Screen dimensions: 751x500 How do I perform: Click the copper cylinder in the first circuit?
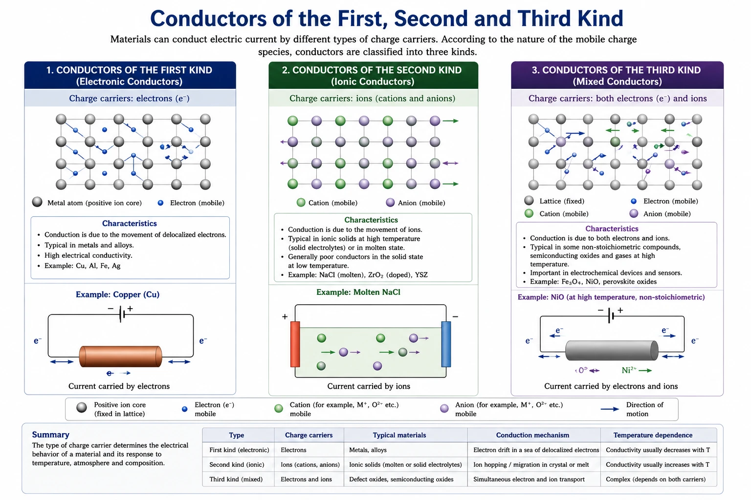point(120,356)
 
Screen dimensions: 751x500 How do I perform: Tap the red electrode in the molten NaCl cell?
point(295,344)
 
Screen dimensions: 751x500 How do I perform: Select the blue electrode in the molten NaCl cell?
point(446,344)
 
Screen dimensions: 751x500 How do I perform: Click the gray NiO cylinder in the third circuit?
point(612,351)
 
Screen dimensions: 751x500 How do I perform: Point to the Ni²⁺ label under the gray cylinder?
point(629,370)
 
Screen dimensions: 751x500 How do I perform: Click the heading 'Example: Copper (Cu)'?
point(118,294)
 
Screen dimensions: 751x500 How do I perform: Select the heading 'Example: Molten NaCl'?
point(358,292)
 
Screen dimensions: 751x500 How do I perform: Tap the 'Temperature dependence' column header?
point(653,435)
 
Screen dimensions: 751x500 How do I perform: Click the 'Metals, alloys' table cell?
point(368,450)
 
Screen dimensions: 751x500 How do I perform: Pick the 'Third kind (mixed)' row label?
point(236,479)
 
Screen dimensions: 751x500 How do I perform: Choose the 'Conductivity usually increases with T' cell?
point(658,464)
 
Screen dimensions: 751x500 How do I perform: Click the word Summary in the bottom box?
point(51,435)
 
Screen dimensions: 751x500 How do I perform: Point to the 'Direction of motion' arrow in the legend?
point(610,409)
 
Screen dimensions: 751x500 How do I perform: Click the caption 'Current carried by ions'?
point(369,386)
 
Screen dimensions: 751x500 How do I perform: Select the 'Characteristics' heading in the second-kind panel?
point(371,220)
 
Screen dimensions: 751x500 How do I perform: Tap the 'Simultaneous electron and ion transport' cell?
point(529,479)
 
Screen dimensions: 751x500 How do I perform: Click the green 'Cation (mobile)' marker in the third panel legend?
point(529,214)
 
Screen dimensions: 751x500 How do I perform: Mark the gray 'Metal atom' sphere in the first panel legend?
point(37,202)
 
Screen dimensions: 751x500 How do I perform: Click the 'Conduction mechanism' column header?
point(532,435)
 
